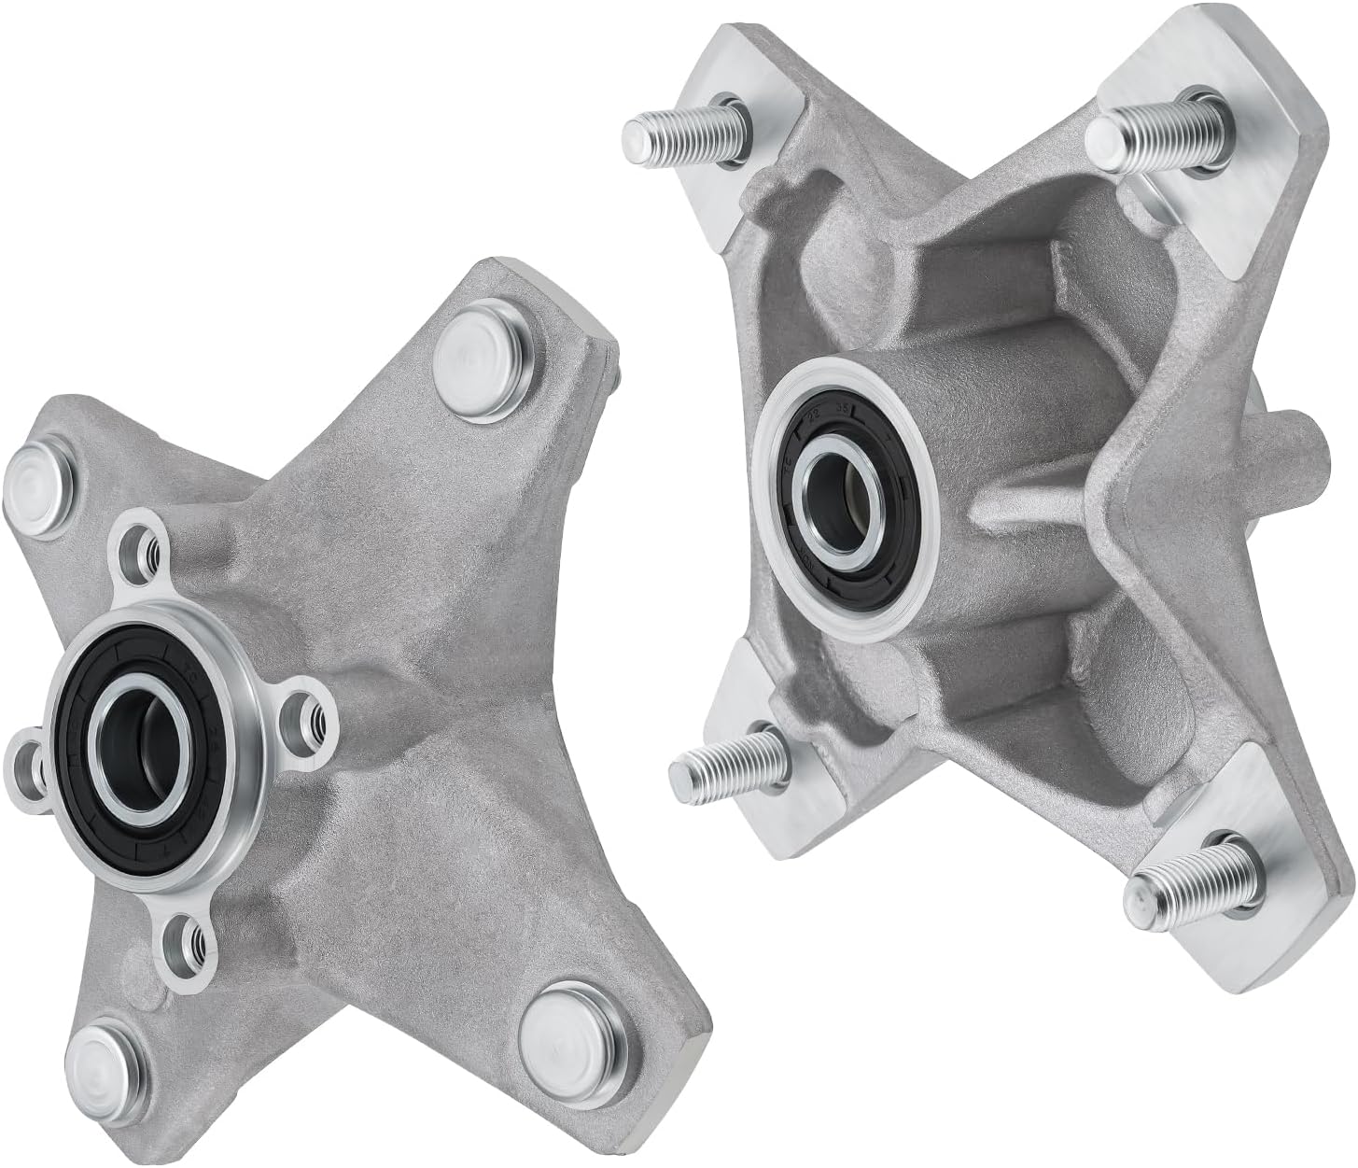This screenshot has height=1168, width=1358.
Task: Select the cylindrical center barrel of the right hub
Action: coord(943,401)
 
